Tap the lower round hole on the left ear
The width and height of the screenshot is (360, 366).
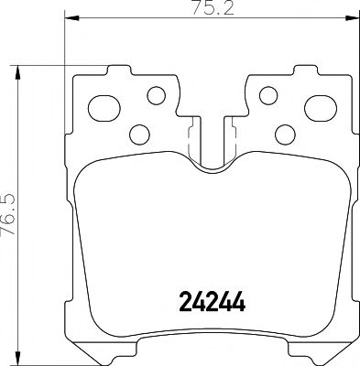pyautogui.click(x=139, y=134)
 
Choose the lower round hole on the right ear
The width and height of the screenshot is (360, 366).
pyautogui.click(x=283, y=134)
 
